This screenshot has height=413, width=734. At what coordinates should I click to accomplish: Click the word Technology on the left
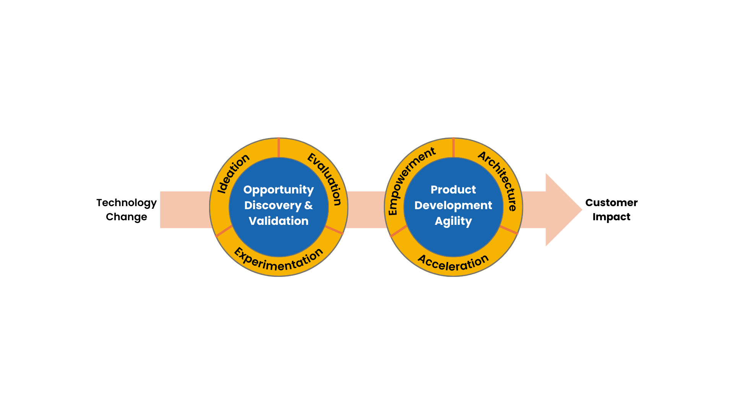click(x=126, y=203)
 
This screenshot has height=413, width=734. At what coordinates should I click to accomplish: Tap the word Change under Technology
click(x=126, y=217)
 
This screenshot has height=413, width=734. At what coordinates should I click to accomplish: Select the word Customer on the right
click(x=611, y=203)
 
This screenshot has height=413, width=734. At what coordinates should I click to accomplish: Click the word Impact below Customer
click(x=611, y=217)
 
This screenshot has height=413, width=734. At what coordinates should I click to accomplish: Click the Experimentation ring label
click(x=279, y=260)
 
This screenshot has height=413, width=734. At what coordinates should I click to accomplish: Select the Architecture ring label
click(x=499, y=180)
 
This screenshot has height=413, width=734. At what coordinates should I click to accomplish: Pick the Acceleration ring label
click(x=453, y=263)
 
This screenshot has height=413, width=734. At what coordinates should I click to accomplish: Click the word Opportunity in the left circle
click(x=278, y=190)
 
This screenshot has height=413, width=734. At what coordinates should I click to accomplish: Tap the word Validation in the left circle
click(x=278, y=221)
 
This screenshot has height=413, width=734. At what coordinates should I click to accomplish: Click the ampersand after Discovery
click(x=309, y=205)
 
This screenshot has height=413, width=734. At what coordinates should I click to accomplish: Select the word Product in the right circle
click(x=453, y=190)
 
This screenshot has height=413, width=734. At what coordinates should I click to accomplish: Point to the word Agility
click(x=453, y=221)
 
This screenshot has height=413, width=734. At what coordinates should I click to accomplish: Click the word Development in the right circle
click(x=453, y=205)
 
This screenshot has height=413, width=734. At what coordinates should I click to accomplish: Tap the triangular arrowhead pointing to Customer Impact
click(x=562, y=210)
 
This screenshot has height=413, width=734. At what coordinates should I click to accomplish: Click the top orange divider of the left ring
click(x=279, y=148)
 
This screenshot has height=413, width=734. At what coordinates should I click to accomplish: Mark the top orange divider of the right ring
click(x=453, y=148)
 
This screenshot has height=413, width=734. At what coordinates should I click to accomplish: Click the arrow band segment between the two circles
click(x=366, y=210)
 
